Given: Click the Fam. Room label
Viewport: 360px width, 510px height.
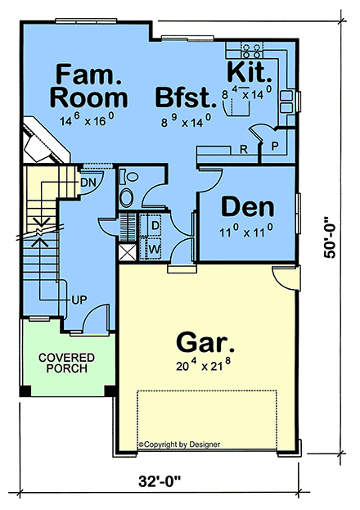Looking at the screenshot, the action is pos(89,86).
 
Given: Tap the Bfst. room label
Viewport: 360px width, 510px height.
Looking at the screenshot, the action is pos(186,97).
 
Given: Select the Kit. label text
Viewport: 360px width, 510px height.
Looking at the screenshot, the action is pos(250,72).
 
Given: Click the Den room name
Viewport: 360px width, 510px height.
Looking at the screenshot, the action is pos(248,207).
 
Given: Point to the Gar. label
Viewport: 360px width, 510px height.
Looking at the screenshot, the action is pos(205,341).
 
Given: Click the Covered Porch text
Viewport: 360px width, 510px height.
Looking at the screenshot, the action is pos(66,363).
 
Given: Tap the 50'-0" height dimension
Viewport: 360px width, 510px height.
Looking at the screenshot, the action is pos(330,237).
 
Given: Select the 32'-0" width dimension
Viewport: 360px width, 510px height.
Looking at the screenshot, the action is pos(160,481).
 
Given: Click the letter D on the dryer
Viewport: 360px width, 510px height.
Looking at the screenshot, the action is pos(155,225).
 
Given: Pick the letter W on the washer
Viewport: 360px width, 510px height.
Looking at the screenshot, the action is pos(155,250).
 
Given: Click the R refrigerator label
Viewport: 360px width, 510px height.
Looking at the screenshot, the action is pos(244,149).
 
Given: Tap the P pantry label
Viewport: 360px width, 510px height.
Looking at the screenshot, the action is pos(275,147).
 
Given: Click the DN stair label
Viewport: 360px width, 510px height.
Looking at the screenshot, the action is pos(88,183).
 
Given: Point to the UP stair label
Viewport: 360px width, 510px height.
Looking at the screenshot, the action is pos(79,300).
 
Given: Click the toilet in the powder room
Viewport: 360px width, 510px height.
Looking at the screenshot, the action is pos(129,178).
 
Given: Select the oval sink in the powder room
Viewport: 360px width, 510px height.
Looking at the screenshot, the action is pos(127,197).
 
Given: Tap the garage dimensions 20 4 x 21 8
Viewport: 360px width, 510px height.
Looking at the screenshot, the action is pos(204,365).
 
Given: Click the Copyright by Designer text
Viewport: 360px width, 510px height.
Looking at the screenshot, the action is pos(179,445).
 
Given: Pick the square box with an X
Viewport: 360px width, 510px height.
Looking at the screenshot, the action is pos(127,252).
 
